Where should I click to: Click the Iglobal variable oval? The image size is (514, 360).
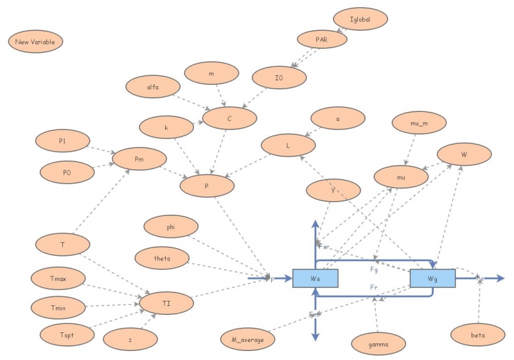(x=361, y=19)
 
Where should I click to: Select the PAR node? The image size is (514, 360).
(x=322, y=39)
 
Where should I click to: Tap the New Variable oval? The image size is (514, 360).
(x=35, y=42)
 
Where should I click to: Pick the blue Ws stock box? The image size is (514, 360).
(x=315, y=278)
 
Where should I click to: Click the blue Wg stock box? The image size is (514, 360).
(x=432, y=278)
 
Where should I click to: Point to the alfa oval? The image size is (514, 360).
(x=152, y=86)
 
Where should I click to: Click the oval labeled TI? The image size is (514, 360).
(x=167, y=301)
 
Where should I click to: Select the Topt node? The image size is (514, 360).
(x=67, y=334)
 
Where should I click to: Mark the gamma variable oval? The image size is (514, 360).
(x=378, y=345)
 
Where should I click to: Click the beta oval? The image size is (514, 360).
(x=478, y=335)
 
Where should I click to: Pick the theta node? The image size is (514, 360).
(x=162, y=258)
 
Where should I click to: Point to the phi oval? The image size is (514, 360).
(x=170, y=226)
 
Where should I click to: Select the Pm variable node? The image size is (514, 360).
(x=139, y=158)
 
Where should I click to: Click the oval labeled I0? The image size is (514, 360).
(x=279, y=78)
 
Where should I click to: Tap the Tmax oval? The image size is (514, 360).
(x=58, y=278)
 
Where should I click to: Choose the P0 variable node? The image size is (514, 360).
(x=67, y=172)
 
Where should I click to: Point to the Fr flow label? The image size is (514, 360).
(x=373, y=287)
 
